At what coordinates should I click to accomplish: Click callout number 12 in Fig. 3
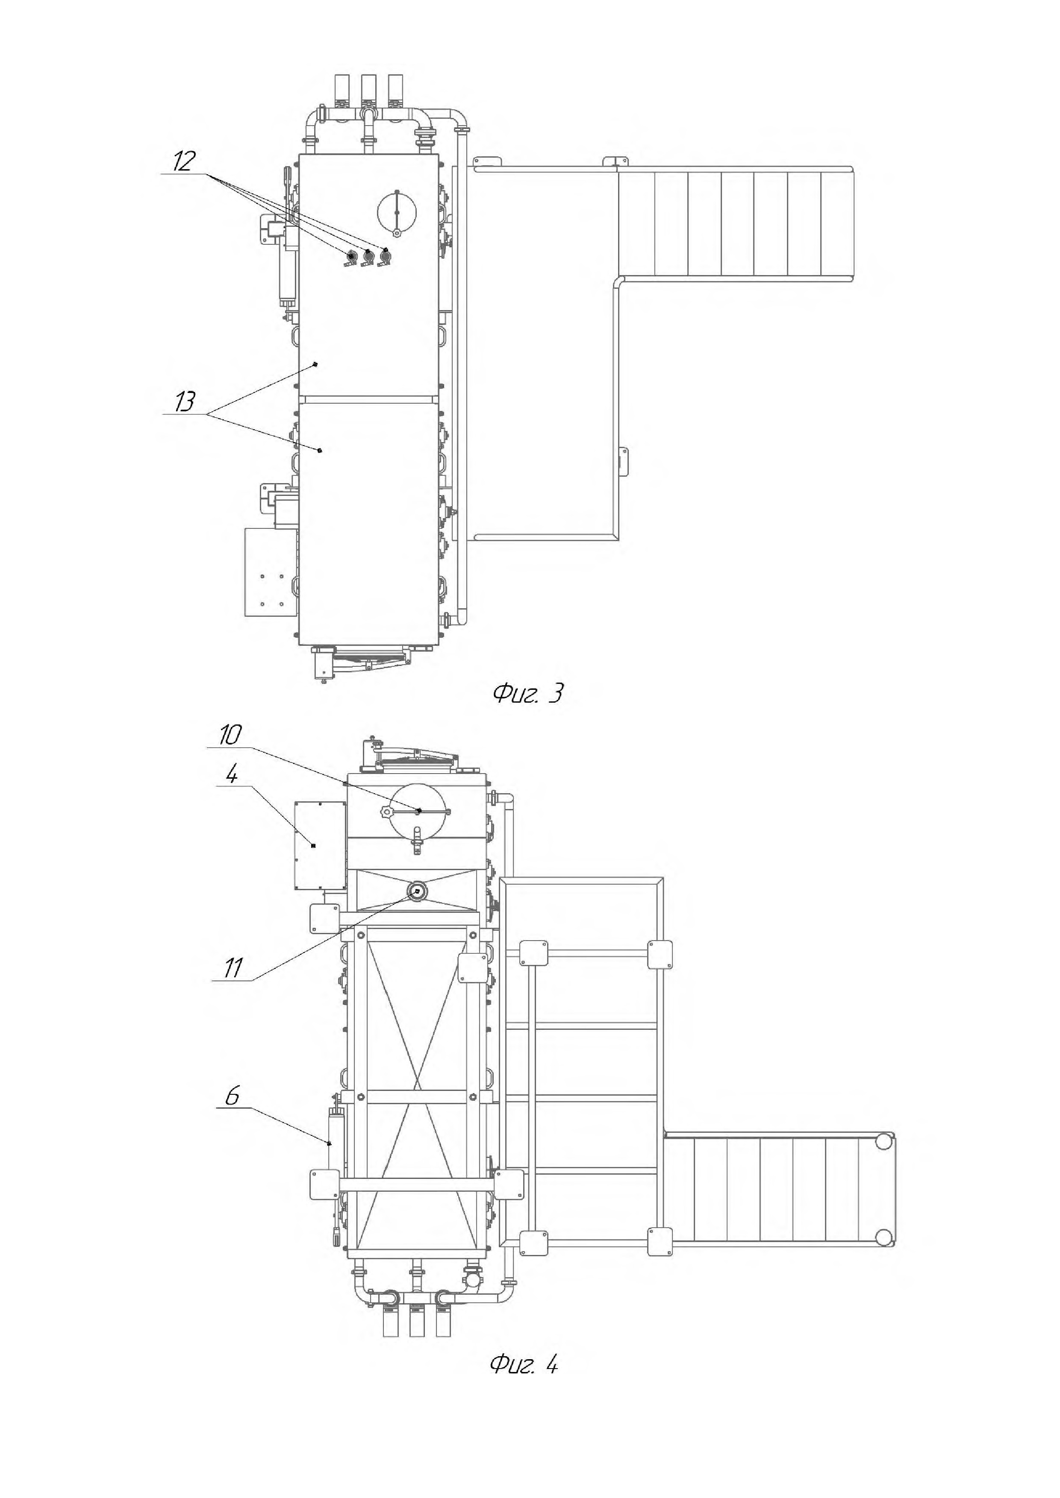coord(184,161)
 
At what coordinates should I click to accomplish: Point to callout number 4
coord(232,774)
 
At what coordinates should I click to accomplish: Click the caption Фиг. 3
coord(527,693)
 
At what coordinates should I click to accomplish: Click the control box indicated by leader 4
coord(320,845)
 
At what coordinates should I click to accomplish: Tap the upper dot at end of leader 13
coord(315,365)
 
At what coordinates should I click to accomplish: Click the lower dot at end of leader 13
coord(320,450)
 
